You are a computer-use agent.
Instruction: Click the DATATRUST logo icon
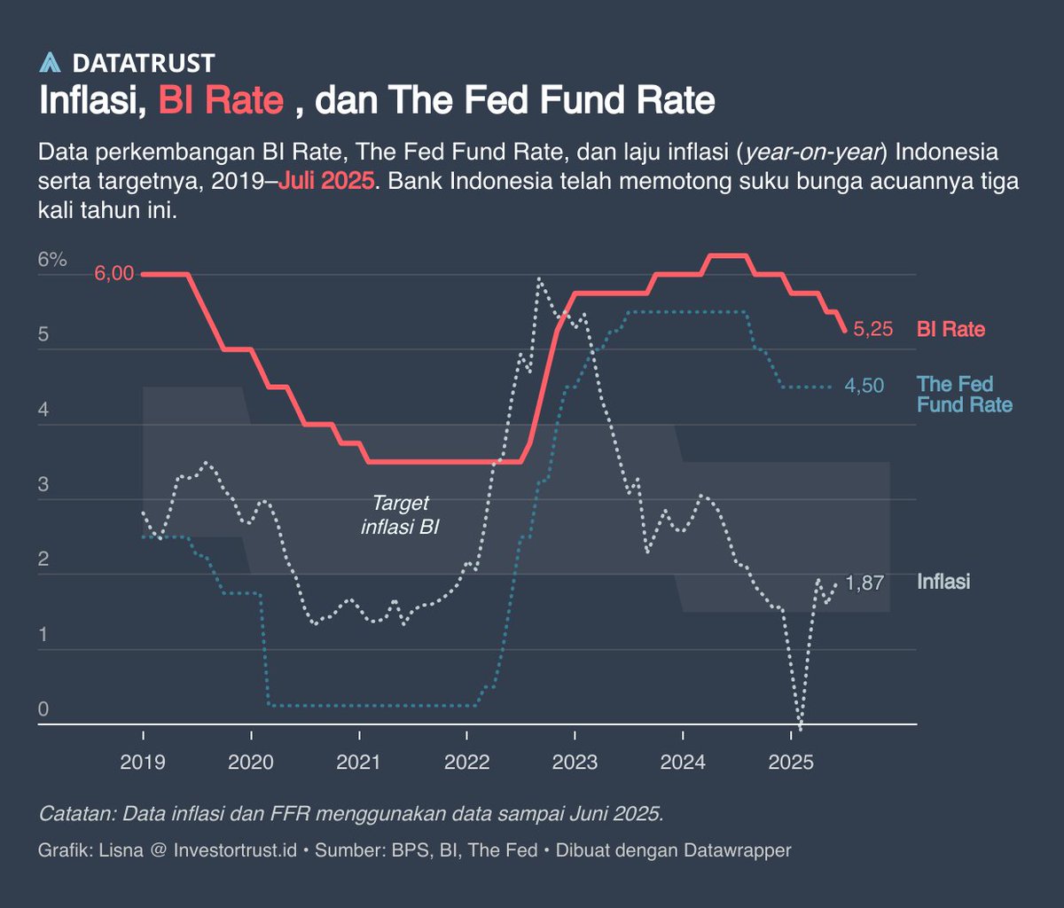coord(50,62)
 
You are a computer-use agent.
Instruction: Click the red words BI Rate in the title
coord(221,100)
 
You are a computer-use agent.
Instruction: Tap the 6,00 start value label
coord(113,274)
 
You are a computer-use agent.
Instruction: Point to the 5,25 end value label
coord(872,330)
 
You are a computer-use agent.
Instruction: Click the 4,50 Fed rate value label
coord(864,387)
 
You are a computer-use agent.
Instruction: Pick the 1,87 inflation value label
coord(864,583)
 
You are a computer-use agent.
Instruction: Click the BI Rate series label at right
coord(951,330)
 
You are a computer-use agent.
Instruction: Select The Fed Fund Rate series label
coord(963,395)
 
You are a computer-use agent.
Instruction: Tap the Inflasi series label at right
coord(943,582)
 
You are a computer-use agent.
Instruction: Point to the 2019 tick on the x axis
coord(143,761)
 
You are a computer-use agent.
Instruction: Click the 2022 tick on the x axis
coord(466,761)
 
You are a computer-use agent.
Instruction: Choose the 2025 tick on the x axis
coord(791,761)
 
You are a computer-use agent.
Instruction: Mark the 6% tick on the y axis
coord(52,261)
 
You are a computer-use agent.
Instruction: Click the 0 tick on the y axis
coord(43,709)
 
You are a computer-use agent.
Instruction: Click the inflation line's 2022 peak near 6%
coord(539,280)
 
